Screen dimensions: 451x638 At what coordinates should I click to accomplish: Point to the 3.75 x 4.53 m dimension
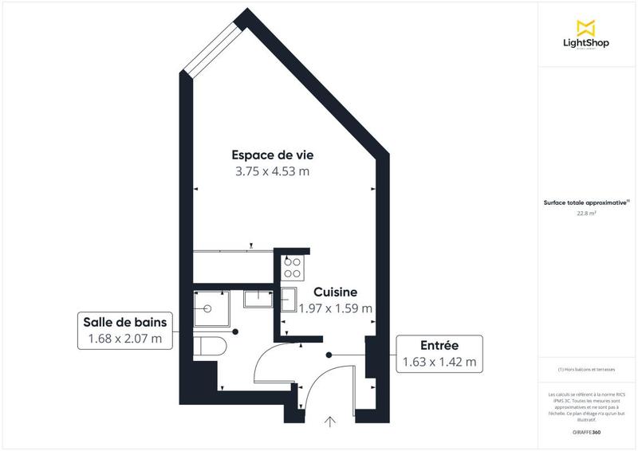(271, 171)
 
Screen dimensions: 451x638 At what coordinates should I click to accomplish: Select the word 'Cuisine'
(334, 292)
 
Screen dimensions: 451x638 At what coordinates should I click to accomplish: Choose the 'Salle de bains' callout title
(124, 323)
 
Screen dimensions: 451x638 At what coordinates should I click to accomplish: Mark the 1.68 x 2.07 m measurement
(124, 339)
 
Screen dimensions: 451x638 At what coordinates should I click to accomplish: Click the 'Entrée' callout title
(439, 345)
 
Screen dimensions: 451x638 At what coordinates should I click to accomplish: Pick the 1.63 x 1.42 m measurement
(439, 362)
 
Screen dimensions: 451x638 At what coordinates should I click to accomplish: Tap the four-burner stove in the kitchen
(291, 267)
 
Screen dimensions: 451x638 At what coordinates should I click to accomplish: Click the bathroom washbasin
(258, 299)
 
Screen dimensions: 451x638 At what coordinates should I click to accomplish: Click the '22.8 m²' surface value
(586, 213)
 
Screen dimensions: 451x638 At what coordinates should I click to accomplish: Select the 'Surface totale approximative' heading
(586, 203)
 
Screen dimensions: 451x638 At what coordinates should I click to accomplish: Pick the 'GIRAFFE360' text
(586, 432)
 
